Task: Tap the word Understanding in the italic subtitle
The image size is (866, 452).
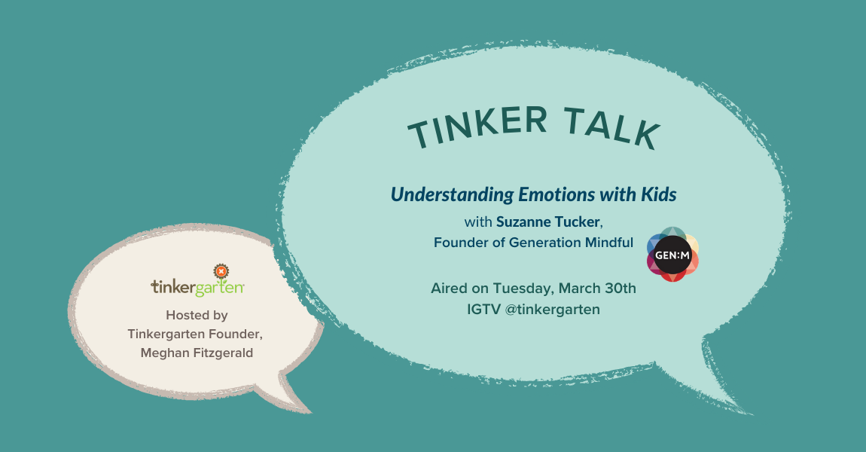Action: pos(452,195)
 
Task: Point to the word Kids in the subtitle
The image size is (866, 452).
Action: pos(658,194)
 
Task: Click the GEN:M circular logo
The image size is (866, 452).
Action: pos(672,255)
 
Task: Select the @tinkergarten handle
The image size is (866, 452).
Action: pos(552,310)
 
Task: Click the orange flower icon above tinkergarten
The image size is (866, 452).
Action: pos(221,272)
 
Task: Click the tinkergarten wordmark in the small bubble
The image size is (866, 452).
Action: pos(197,288)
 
